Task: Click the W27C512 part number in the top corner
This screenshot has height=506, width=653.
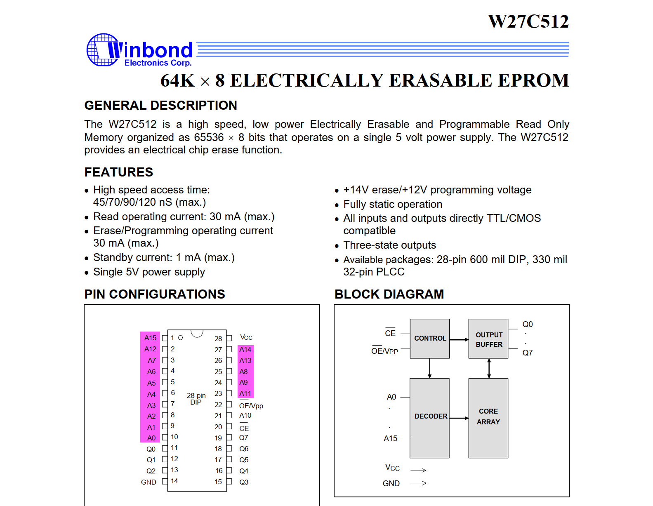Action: [x=528, y=21]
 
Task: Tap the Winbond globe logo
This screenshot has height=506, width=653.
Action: [x=102, y=50]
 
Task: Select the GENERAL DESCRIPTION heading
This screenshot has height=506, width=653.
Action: [x=160, y=106]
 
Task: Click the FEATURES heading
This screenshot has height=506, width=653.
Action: [x=118, y=172]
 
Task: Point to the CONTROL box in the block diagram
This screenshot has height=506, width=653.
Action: [x=429, y=338]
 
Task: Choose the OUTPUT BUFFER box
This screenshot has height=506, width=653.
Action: [x=488, y=339]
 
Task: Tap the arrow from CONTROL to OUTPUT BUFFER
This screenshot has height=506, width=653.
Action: [x=459, y=339]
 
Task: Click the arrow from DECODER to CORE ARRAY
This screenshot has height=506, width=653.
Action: [x=459, y=418]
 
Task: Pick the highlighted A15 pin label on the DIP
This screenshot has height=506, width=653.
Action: [x=150, y=338]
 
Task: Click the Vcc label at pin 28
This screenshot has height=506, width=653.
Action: [x=246, y=337]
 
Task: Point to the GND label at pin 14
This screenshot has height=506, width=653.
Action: [x=149, y=482]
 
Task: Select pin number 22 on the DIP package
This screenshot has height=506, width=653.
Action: [x=218, y=405]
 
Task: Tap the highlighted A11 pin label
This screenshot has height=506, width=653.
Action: [x=245, y=393]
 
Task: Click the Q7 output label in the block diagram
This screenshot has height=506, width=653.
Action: [x=527, y=353]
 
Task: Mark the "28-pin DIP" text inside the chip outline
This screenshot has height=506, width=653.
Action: [x=196, y=399]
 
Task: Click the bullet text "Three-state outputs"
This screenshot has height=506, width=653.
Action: [x=389, y=245]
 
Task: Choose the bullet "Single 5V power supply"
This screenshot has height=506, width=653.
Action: [x=149, y=272]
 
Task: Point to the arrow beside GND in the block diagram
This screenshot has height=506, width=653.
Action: [x=419, y=483]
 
